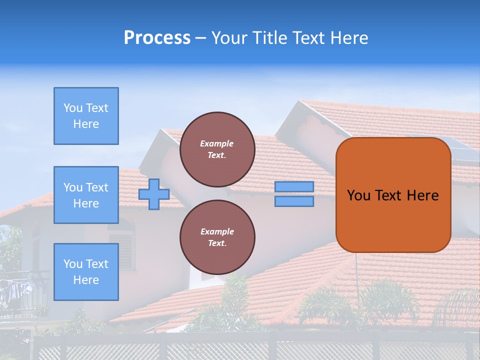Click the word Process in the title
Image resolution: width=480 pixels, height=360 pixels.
[157, 38]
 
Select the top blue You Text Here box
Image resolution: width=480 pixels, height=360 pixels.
[86, 116]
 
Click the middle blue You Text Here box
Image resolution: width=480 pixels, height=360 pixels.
[86, 195]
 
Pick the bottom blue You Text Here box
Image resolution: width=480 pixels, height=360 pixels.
[86, 271]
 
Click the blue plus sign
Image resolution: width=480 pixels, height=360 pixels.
[154, 194]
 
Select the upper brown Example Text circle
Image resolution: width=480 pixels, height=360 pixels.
[217, 149]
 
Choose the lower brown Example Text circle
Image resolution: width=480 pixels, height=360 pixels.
[217, 237]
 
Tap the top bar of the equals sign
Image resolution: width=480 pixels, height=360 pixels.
[294, 186]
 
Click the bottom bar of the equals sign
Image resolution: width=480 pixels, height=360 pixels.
[294, 201]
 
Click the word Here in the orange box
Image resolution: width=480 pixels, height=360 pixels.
[422, 195]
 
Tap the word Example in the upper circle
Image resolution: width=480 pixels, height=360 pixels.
[217, 143]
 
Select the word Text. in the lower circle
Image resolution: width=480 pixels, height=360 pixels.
[217, 243]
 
